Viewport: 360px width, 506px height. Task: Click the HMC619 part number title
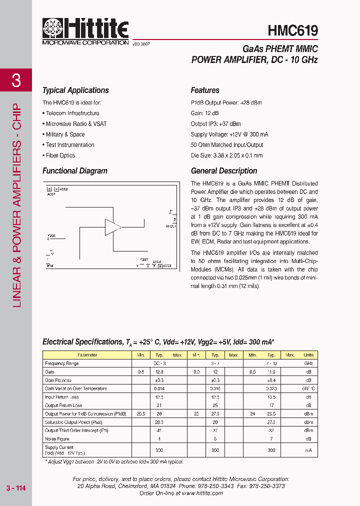(292, 30)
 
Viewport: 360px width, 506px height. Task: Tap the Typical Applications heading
(75, 90)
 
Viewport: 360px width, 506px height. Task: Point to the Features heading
(205, 90)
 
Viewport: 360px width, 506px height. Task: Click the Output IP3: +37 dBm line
(215, 124)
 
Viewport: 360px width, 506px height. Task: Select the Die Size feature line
(226, 155)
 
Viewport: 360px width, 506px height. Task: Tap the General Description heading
(224, 171)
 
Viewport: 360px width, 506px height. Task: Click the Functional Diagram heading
(75, 171)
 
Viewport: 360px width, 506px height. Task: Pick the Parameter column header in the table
(87, 355)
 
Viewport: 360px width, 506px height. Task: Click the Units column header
(308, 355)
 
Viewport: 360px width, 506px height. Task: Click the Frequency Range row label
(61, 363)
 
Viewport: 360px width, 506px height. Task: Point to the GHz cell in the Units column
(308, 363)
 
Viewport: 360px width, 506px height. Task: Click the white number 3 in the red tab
(16, 80)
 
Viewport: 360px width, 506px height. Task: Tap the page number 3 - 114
(16, 488)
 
